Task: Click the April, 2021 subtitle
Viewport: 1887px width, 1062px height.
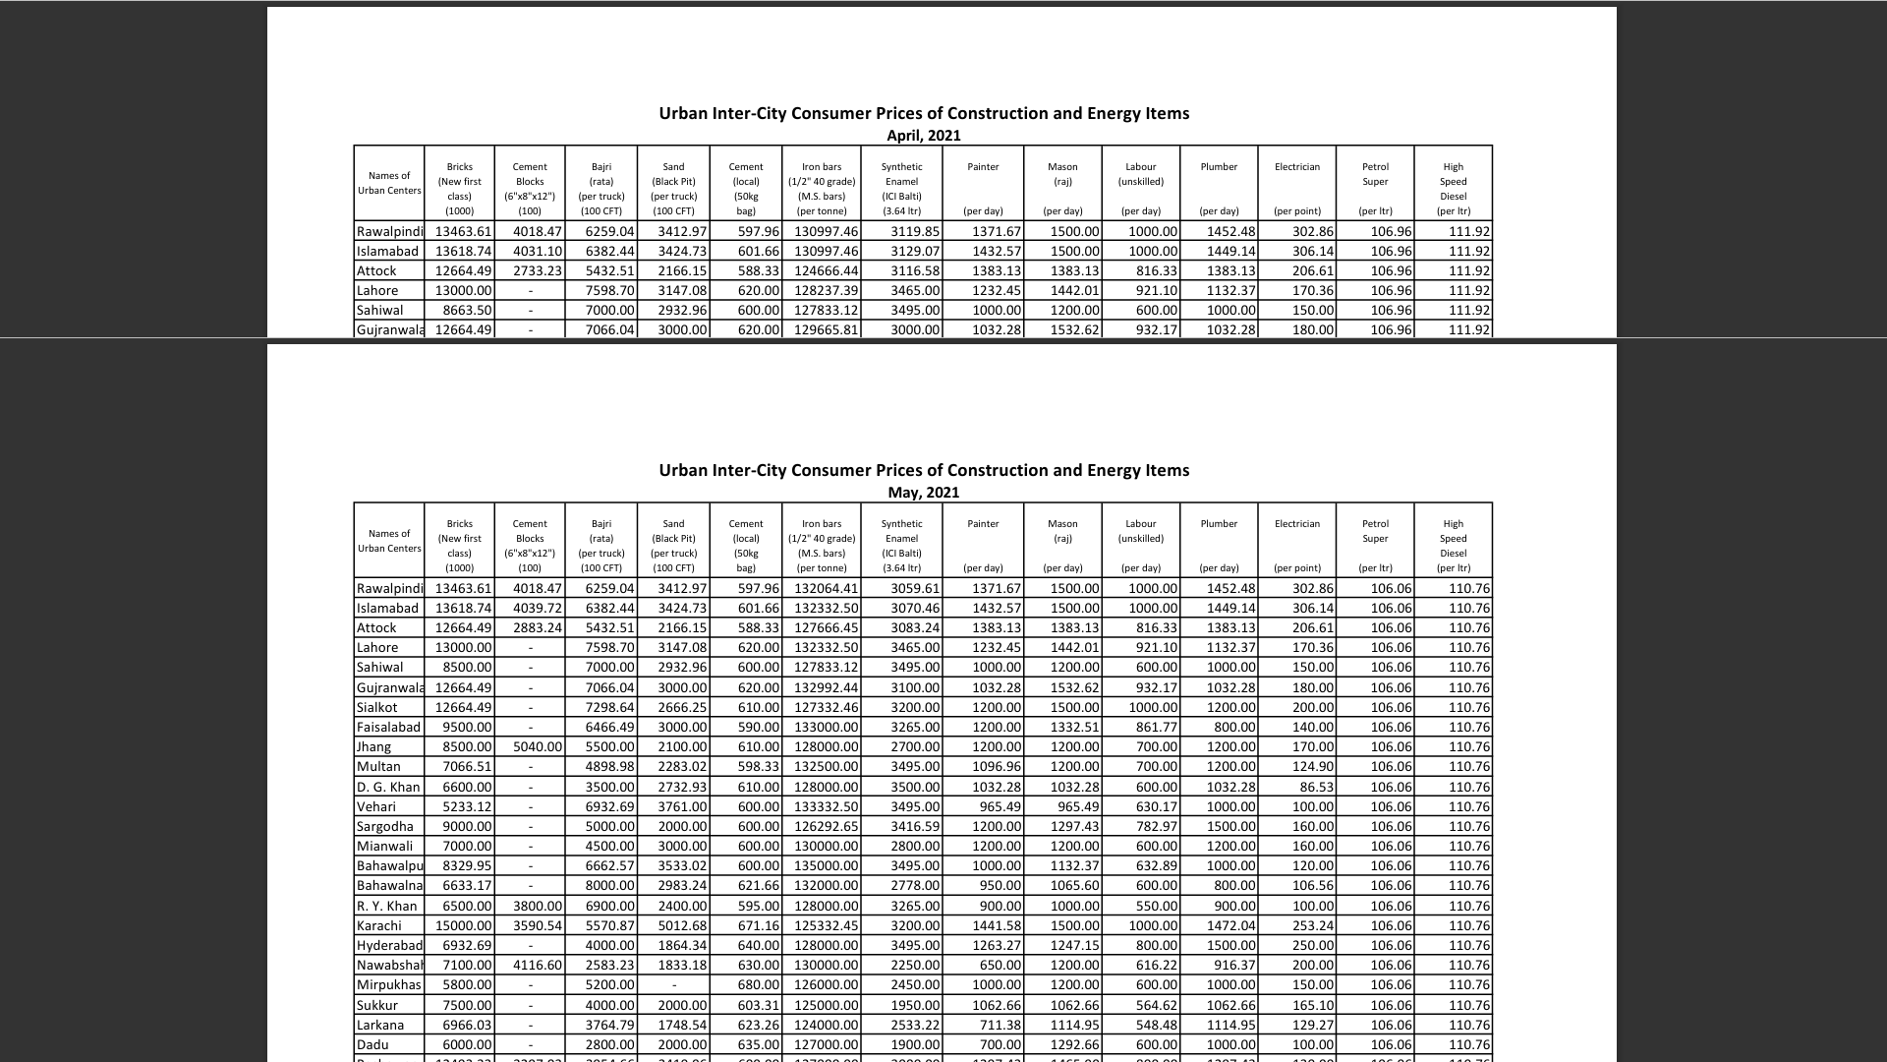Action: pyautogui.click(x=923, y=136)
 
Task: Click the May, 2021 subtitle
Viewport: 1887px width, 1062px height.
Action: pyautogui.click(x=923, y=493)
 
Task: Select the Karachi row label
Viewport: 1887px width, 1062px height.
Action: pyautogui.click(x=379, y=925)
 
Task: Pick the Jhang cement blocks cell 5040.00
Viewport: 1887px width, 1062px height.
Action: pyautogui.click(x=537, y=746)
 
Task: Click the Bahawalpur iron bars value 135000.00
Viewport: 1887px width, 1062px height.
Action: pyautogui.click(x=826, y=865)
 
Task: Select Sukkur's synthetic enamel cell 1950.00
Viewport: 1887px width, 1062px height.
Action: pyautogui.click(x=915, y=1005)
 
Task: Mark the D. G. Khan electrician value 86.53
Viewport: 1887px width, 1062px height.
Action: pyautogui.click(x=1312, y=787)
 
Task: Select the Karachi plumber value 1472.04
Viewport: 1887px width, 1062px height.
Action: pyautogui.click(x=1230, y=925)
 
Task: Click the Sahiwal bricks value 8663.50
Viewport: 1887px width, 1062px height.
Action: pyautogui.click(x=467, y=310)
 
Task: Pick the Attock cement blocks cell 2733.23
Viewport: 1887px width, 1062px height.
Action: pyautogui.click(x=537, y=270)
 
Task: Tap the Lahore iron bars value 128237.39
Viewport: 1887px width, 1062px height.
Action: pyautogui.click(x=826, y=290)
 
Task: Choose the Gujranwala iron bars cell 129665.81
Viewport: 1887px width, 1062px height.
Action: pyautogui.click(x=826, y=329)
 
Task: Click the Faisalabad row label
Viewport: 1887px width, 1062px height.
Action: pyautogui.click(x=388, y=727)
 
